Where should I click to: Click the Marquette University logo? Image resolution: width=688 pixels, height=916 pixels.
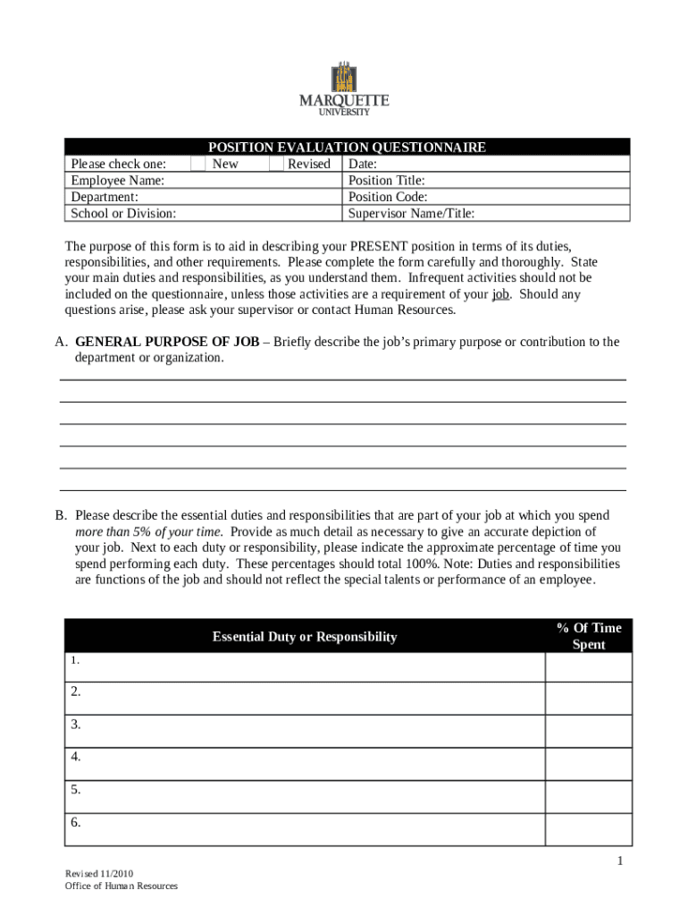(x=344, y=89)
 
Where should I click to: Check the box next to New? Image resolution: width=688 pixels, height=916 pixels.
(x=198, y=164)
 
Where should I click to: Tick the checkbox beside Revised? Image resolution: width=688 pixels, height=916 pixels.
(x=276, y=164)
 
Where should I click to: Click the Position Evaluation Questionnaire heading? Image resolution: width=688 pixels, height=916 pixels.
(x=347, y=148)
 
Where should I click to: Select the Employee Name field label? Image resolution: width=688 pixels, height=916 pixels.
(x=118, y=181)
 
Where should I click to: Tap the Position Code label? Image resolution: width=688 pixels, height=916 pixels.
(x=388, y=197)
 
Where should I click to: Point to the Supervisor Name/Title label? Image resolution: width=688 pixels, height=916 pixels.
(x=411, y=213)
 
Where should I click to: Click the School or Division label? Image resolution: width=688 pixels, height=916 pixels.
(x=123, y=213)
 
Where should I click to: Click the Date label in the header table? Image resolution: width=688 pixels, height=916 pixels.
(x=363, y=165)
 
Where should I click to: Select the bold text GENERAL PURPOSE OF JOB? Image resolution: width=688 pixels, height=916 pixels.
(x=167, y=342)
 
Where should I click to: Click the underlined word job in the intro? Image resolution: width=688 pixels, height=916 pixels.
(x=500, y=294)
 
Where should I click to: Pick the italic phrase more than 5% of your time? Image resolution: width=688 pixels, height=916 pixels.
(x=147, y=531)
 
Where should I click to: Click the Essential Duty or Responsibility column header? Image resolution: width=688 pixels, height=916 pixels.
(x=304, y=637)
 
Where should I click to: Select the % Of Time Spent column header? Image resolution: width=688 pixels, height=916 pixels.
(x=588, y=636)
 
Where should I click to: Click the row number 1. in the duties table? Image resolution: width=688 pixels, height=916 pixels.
(x=76, y=661)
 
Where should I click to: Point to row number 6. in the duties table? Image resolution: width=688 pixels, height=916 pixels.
(x=76, y=823)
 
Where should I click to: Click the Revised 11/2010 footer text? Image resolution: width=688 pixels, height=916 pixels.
(x=100, y=873)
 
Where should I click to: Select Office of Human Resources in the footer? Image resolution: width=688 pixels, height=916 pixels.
(x=121, y=886)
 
